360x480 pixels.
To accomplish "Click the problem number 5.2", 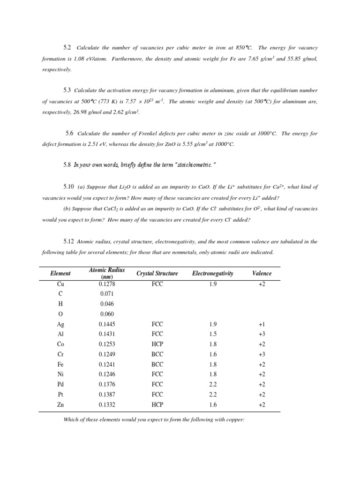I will pyautogui.click(x=67, y=48).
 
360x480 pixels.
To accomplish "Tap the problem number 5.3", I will pyautogui.click(x=67, y=90).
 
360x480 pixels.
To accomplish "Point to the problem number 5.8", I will pyautogui.click(x=67, y=165).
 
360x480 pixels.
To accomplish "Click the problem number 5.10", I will pyautogui.click(x=68, y=187).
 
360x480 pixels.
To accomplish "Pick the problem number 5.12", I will pyautogui.click(x=68, y=241).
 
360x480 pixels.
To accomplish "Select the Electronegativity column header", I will pyautogui.click(x=213, y=273).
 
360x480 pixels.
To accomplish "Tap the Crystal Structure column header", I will pyautogui.click(x=157, y=273).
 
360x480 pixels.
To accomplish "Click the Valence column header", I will pyautogui.click(x=262, y=273).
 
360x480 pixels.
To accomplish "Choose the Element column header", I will pyautogui.click(x=60, y=273).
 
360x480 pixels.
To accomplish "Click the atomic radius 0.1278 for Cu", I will pyautogui.click(x=107, y=284).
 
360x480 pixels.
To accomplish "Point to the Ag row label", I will pyautogui.click(x=60, y=324).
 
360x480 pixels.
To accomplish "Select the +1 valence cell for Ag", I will pyautogui.click(x=262, y=324).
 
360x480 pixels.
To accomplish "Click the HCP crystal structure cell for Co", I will pyautogui.click(x=157, y=344).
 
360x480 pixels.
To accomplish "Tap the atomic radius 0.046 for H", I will pyautogui.click(x=107, y=304).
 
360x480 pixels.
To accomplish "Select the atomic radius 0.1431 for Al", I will pyautogui.click(x=107, y=334).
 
